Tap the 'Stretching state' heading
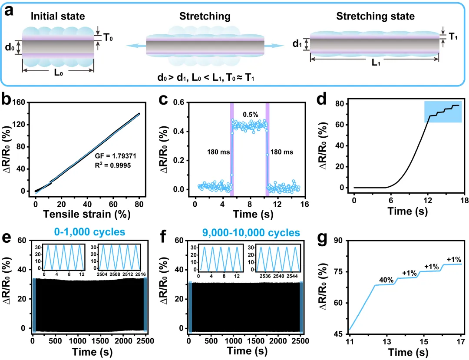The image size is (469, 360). (x=375, y=17)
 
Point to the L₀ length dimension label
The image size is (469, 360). (x=58, y=72)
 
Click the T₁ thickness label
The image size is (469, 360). (x=453, y=36)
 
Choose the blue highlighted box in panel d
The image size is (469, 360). (x=443, y=112)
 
